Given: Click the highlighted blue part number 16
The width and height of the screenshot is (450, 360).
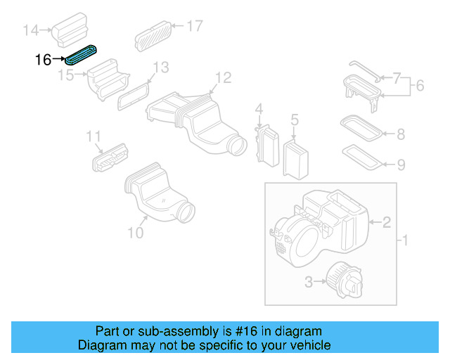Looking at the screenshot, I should point(82,54).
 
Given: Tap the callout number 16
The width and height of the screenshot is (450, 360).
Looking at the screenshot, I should point(43,60).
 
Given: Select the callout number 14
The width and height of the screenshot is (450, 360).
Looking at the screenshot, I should point(31,30).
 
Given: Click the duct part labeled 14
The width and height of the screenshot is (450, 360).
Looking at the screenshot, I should point(70,26).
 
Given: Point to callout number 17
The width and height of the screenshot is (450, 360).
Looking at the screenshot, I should point(194,26).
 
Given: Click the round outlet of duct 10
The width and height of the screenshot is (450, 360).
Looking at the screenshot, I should point(186,210).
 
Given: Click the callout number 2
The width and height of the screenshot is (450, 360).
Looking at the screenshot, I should point(387,223).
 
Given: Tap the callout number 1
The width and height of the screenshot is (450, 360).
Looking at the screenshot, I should point(404,242).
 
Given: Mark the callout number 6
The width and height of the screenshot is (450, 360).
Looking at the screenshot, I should point(420,86).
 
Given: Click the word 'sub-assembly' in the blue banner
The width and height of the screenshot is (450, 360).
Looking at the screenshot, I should point(207,331).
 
